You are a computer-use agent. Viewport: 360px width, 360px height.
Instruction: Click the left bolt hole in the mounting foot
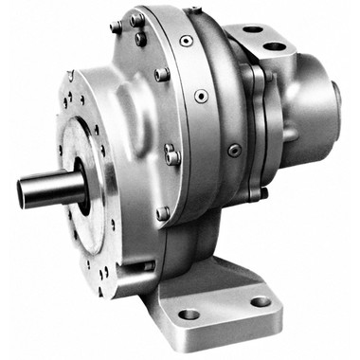click(x=189, y=314)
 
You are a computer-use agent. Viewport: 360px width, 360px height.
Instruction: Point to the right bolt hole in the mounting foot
click(x=260, y=302)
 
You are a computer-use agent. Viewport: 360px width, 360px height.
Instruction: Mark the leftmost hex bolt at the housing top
click(x=116, y=27)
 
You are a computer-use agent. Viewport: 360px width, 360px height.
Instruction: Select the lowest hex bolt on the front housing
click(x=163, y=214)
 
